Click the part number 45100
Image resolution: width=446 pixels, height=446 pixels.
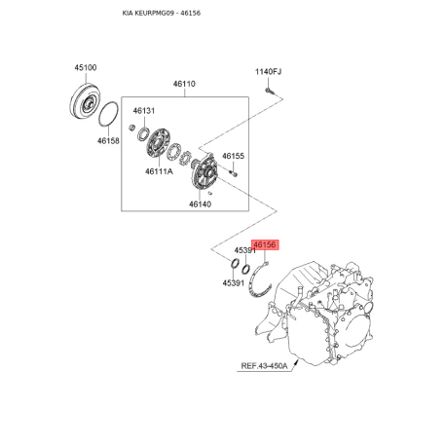click(86, 67)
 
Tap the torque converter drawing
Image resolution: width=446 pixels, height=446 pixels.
click(86, 102)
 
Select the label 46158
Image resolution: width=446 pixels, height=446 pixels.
click(108, 141)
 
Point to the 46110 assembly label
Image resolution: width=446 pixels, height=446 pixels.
click(184, 84)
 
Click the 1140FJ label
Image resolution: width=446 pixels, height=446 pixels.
click(268, 72)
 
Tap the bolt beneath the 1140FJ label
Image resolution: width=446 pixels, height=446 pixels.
click(269, 92)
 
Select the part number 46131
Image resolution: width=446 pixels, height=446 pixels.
click(144, 111)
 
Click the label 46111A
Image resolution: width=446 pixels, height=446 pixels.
click(159, 171)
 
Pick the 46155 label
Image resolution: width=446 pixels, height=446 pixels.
click(234, 156)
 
